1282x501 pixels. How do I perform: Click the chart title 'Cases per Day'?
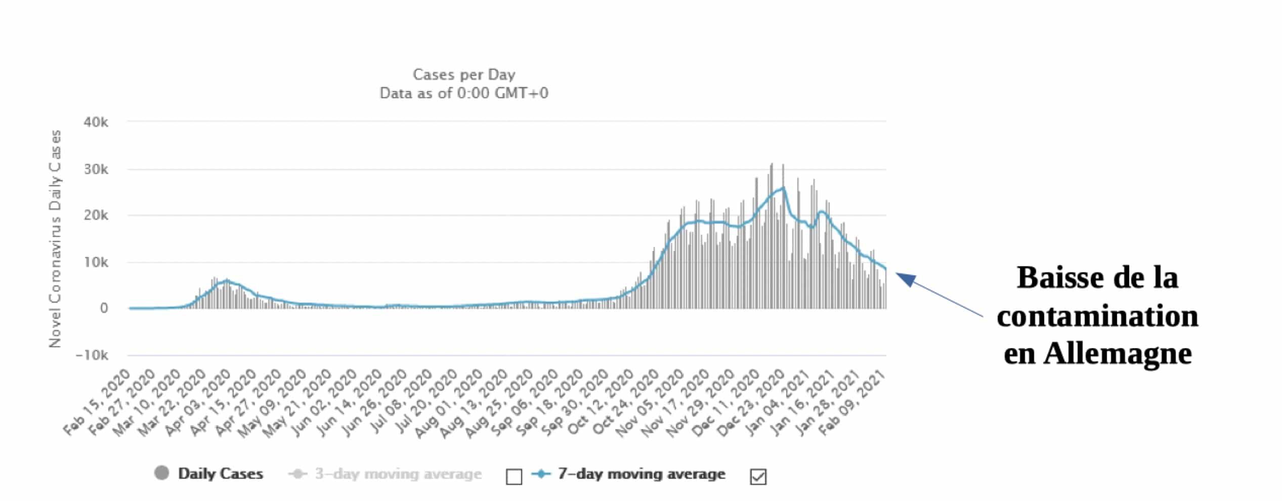464,74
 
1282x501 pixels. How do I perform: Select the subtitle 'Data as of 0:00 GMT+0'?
464,93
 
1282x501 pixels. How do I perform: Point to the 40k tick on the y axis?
96,122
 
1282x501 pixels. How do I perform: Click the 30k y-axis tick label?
96,170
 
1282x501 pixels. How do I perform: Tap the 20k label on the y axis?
96,216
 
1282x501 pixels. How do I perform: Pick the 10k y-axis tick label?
96,263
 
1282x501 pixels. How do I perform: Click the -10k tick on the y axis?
92,356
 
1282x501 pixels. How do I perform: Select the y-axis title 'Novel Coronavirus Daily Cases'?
55,239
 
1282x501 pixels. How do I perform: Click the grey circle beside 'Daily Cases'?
161,474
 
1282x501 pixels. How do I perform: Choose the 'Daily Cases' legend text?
221,474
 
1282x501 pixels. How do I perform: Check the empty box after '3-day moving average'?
514,477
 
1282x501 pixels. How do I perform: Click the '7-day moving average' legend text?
641,474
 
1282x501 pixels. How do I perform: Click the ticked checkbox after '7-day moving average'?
758,477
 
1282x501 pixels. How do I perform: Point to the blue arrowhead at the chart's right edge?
906,278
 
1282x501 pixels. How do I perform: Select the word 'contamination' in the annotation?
1097,316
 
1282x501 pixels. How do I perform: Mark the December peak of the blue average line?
783,188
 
